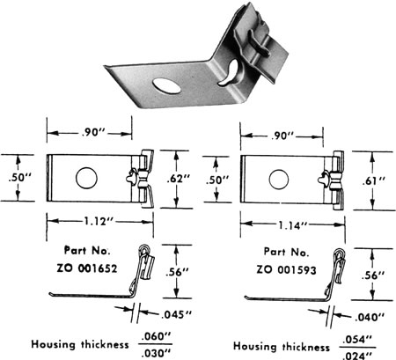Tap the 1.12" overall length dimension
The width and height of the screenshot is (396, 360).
point(90,220)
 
